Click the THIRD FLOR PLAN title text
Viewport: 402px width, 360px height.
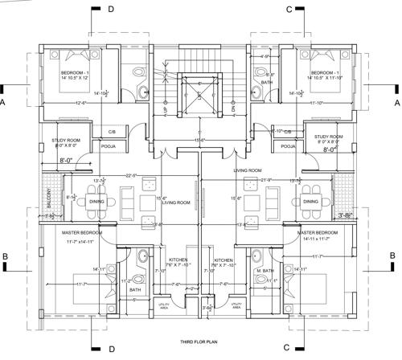[199, 342]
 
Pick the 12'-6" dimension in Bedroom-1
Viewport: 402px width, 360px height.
[80, 103]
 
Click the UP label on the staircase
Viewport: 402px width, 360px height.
[166, 84]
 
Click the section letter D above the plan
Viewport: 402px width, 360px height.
[110, 8]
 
